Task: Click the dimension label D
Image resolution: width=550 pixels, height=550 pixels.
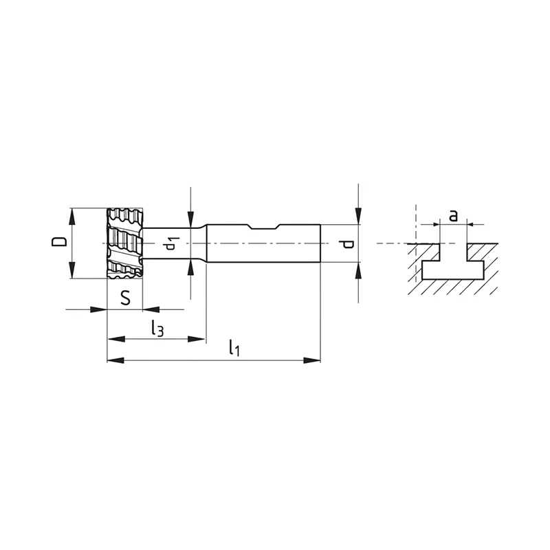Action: (59, 242)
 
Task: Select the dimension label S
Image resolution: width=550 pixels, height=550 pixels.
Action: (125, 298)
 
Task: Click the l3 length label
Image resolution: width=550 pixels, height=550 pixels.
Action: (157, 328)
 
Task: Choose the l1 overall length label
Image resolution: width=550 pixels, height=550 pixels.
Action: (234, 348)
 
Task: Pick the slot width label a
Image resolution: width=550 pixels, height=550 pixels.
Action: (454, 215)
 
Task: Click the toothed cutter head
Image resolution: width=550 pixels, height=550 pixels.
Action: (125, 243)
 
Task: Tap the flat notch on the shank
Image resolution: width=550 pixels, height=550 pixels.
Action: (265, 228)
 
